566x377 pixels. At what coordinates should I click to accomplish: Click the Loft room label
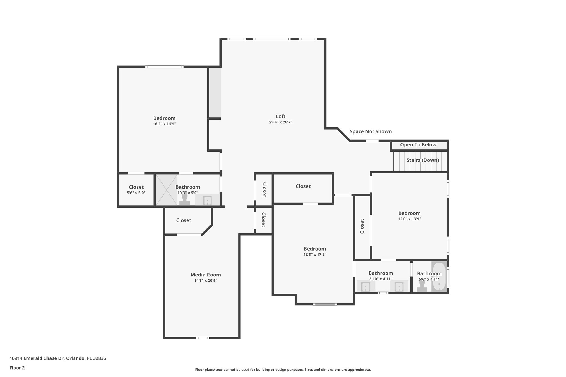click(281, 116)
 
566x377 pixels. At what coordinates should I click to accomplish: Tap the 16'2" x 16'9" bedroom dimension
click(164, 124)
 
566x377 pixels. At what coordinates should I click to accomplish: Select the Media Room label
click(206, 275)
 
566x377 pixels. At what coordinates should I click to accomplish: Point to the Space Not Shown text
click(371, 131)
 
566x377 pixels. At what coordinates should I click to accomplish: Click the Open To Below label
click(418, 145)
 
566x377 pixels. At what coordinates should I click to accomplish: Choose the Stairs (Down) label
click(423, 160)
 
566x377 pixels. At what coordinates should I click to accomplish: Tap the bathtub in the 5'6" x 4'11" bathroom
click(439, 277)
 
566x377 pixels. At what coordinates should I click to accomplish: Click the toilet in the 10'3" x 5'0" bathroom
click(185, 199)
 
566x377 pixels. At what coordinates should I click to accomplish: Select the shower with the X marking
click(166, 190)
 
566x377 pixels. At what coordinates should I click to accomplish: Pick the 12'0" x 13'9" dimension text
click(409, 219)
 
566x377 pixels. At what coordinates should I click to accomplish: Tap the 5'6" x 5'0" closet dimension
click(136, 193)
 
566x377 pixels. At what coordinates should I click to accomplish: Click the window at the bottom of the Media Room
click(203, 338)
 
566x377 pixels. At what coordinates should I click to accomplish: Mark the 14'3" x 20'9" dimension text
click(206, 281)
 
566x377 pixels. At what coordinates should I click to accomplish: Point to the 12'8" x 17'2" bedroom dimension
click(315, 255)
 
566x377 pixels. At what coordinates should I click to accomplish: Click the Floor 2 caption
click(17, 368)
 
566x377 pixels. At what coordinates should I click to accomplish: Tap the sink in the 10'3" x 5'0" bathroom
click(207, 200)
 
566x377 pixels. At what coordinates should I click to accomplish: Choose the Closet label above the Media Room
click(184, 220)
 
